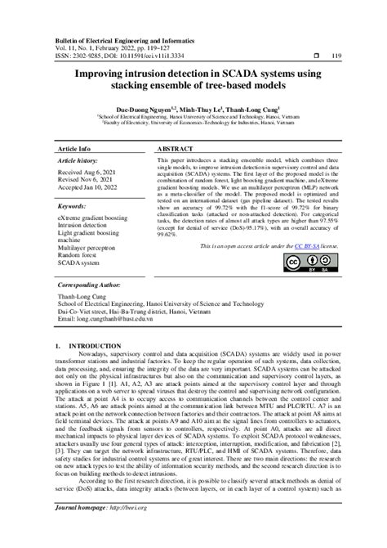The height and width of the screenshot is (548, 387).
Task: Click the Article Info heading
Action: pos(77,150)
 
